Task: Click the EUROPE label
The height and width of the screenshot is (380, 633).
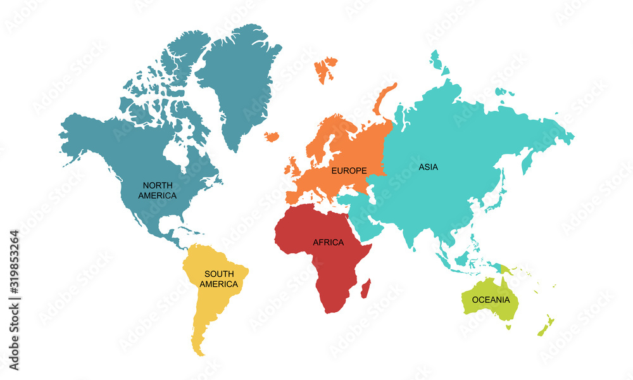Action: pyautogui.click(x=349, y=170)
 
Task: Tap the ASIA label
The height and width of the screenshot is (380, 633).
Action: pyautogui.click(x=428, y=167)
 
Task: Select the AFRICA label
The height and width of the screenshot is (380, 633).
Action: pyautogui.click(x=328, y=242)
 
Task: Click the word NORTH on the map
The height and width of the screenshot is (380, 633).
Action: pyautogui.click(x=158, y=185)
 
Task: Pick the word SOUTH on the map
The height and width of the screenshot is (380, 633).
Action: pyautogui.click(x=218, y=274)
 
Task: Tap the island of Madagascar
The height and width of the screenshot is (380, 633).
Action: pyautogui.click(x=365, y=290)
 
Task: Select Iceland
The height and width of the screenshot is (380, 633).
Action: pyautogui.click(x=272, y=136)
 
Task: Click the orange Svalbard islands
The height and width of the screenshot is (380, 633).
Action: pyautogui.click(x=326, y=68)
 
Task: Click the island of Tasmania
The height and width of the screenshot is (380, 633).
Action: pyautogui.click(x=508, y=327)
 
